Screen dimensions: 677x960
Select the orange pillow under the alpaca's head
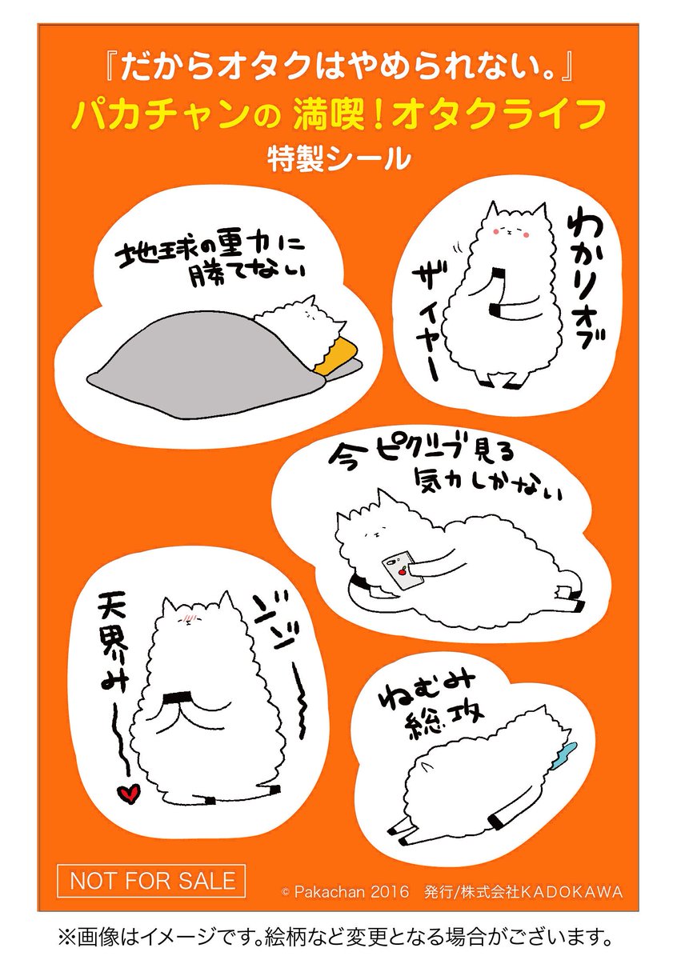(334, 353)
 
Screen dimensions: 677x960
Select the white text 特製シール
(338, 158)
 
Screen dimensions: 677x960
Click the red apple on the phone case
(402, 571)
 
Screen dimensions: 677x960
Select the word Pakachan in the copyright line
(330, 880)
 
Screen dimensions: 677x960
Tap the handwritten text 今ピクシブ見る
(420, 454)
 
